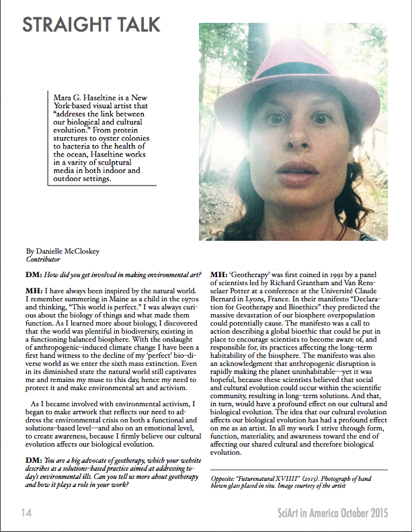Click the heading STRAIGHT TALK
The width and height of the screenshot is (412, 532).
91,26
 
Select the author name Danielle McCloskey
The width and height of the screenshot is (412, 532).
61,252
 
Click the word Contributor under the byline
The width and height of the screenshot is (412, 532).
43,259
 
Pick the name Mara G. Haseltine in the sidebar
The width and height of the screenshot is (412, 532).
91,98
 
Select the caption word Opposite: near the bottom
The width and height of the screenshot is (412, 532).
225,478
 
